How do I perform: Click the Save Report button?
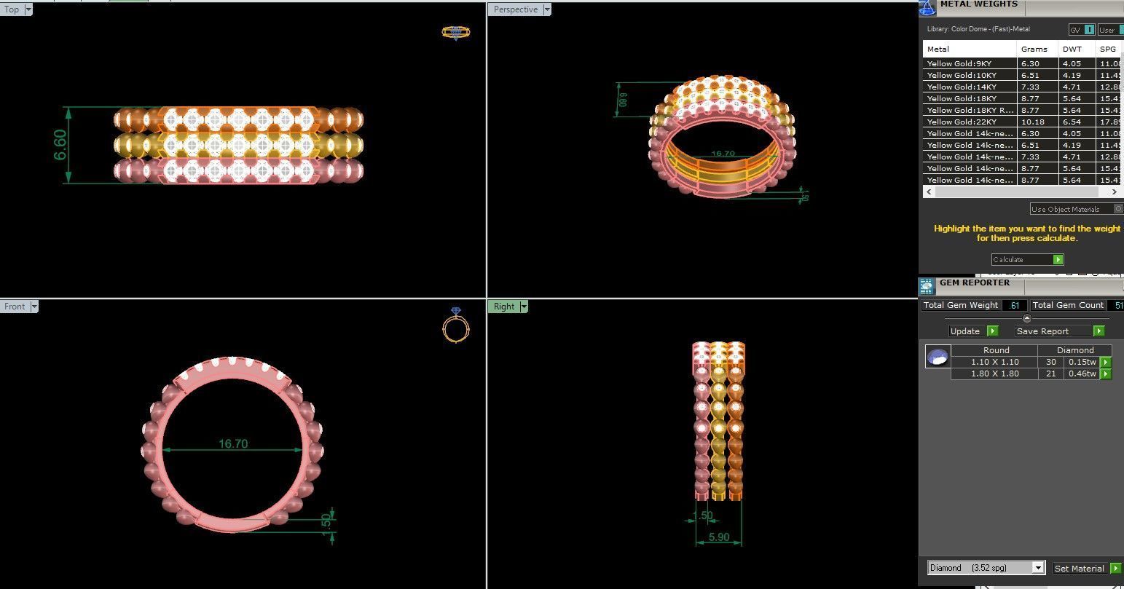pyautogui.click(x=1059, y=331)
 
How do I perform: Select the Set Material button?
pyautogui.click(x=1086, y=569)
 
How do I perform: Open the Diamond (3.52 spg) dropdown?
pyautogui.click(x=986, y=568)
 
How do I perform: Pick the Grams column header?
pyautogui.click(x=1034, y=49)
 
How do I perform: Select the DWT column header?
pyautogui.click(x=1072, y=49)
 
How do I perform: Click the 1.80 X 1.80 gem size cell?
pyautogui.click(x=994, y=373)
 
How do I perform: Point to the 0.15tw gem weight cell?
pyautogui.click(x=1082, y=362)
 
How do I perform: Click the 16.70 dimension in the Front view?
pyautogui.click(x=233, y=443)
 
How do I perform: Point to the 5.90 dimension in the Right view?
pyautogui.click(x=718, y=537)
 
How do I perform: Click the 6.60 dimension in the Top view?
pyautogui.click(x=60, y=145)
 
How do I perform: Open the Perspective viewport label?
pyautogui.click(x=516, y=9)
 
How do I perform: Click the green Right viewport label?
pyautogui.click(x=504, y=307)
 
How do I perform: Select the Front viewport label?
pyautogui.click(x=15, y=307)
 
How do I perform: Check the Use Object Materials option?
pyautogui.click(x=1119, y=209)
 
